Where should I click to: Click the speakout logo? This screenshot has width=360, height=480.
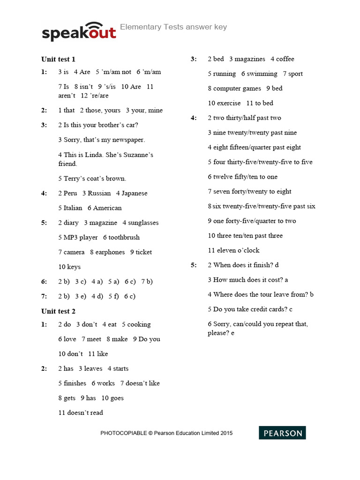pyautogui.click(x=79, y=32)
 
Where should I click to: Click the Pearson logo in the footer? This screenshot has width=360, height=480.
pyautogui.click(x=282, y=433)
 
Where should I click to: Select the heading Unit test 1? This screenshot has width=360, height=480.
pyautogui.click(x=58, y=59)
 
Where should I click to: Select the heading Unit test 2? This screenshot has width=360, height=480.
pyautogui.click(x=58, y=311)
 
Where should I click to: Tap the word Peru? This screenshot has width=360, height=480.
pyautogui.click(x=70, y=193)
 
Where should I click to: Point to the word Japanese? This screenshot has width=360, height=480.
pyautogui.click(x=135, y=193)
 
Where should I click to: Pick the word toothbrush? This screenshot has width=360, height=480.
pyautogui.click(x=124, y=237)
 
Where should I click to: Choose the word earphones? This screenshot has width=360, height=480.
pyautogui.click(x=110, y=252)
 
